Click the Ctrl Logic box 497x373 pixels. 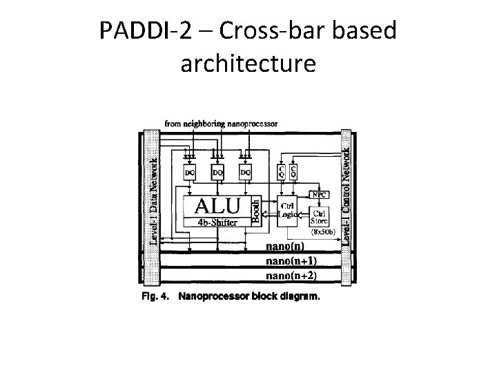(286, 210)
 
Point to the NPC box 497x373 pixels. (320, 195)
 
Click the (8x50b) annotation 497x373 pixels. (321, 233)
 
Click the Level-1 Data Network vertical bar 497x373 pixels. (152, 200)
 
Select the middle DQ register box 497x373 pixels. (217, 170)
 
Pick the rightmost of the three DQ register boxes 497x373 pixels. (244, 170)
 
